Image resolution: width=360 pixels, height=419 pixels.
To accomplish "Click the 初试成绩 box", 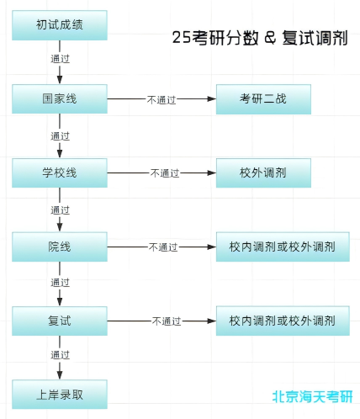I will coord(61,25).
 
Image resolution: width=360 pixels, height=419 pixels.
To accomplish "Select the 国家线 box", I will coord(61,98).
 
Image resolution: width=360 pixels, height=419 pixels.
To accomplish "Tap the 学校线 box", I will coord(61,172).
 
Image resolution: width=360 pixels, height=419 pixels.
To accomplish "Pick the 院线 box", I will coord(61,247).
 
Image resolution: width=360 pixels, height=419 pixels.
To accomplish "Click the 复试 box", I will coord(61,321).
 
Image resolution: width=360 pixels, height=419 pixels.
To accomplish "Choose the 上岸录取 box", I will coord(61,393).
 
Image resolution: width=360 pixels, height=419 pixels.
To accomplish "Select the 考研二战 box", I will coord(263,98).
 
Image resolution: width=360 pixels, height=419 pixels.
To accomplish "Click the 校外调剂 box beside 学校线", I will coord(263,172).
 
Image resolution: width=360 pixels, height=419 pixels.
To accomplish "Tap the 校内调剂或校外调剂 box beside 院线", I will coord(283,247).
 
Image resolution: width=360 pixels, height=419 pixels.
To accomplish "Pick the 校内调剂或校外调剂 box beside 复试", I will coord(283,321).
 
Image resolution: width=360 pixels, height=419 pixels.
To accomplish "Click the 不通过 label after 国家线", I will coord(161,99).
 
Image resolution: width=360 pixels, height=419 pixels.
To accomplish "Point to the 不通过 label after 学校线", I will coord(165,173).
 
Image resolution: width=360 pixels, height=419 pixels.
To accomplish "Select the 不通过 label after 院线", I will coord(163,247).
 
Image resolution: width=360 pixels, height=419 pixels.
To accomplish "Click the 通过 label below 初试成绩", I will coord(60,61).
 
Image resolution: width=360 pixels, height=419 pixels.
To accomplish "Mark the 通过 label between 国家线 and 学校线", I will coord(60,135).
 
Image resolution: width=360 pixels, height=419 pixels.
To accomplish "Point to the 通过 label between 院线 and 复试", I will coord(60,283).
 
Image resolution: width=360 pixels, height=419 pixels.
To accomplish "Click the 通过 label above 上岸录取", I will coord(60,356).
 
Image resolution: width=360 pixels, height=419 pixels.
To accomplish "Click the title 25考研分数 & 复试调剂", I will coord(259,38).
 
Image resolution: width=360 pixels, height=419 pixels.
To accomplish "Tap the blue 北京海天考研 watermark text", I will coord(312,396).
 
